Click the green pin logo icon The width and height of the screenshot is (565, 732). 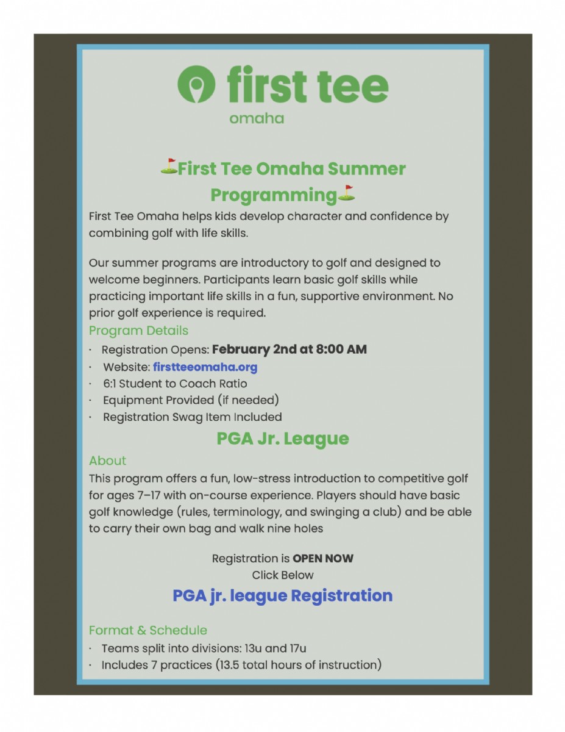click(196, 84)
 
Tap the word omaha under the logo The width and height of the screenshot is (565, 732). click(257, 118)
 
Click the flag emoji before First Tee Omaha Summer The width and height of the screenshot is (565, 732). click(169, 167)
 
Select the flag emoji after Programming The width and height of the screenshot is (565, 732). click(346, 193)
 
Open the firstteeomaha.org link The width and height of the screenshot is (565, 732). click(205, 367)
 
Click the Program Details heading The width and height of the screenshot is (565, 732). click(138, 331)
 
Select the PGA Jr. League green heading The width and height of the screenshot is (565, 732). click(283, 439)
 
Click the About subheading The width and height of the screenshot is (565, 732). click(108, 461)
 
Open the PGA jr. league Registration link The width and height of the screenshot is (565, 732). click(283, 595)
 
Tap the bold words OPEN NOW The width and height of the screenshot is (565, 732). click(323, 558)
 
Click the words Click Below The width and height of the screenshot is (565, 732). click(283, 575)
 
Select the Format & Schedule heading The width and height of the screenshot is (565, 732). click(148, 630)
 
